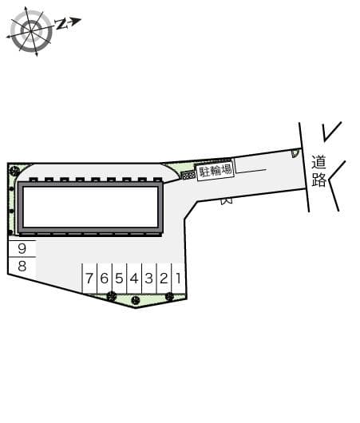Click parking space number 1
179,278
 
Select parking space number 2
164,278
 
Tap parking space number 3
149,278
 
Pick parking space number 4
134,278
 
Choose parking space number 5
119,278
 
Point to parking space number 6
104,278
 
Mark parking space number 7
89,278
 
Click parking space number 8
22,267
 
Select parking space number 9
22,248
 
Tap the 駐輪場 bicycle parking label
216,171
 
